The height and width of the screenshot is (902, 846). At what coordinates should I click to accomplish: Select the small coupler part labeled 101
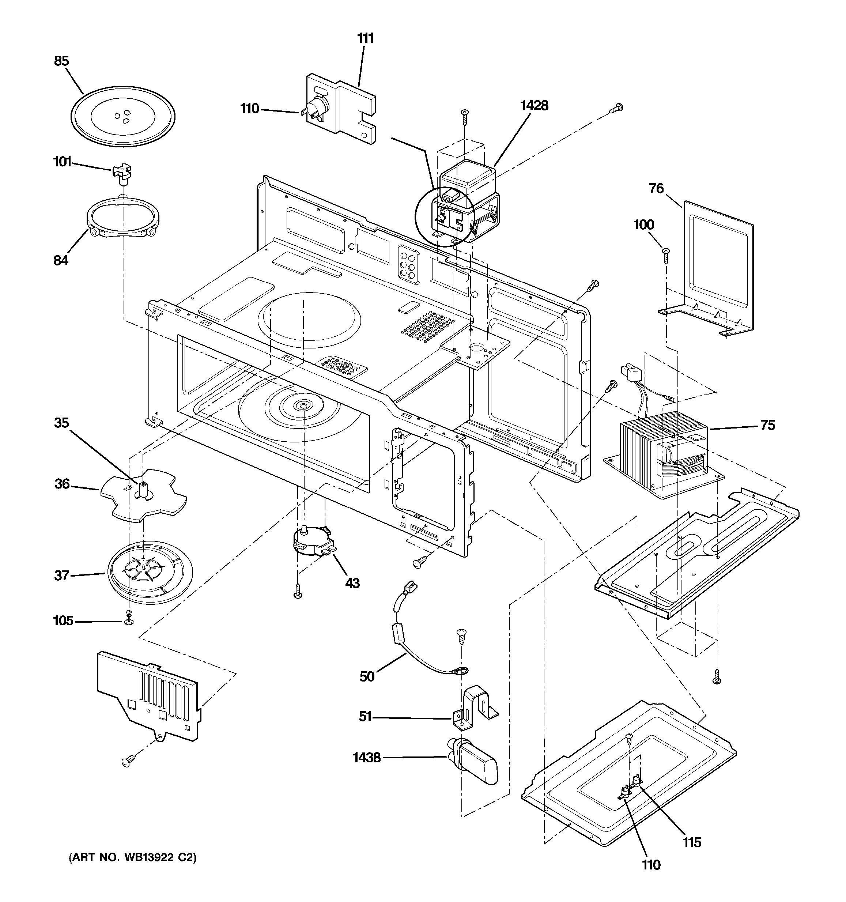pyautogui.click(x=122, y=174)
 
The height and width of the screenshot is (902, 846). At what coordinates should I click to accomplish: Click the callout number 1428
pyautogui.click(x=534, y=105)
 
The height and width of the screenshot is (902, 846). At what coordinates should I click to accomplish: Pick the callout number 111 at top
pyautogui.click(x=365, y=38)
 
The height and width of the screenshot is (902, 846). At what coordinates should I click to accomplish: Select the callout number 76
pyautogui.click(x=656, y=188)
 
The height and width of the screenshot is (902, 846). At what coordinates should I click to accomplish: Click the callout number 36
pyautogui.click(x=62, y=484)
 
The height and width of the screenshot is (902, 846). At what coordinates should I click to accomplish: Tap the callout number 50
pyautogui.click(x=367, y=676)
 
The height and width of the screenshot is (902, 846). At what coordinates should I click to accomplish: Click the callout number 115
pyautogui.click(x=692, y=842)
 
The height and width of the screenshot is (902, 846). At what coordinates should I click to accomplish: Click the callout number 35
pyautogui.click(x=61, y=423)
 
